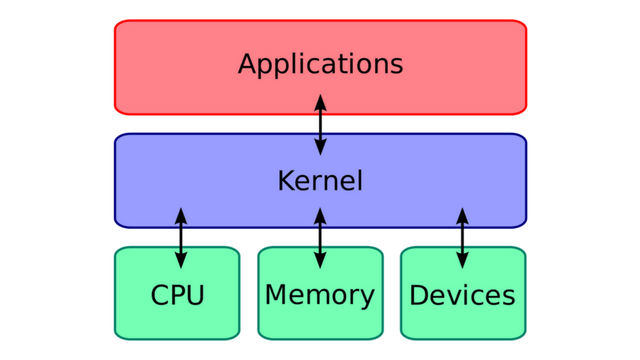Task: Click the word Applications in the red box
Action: pyautogui.click(x=320, y=66)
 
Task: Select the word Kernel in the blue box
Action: pyautogui.click(x=320, y=181)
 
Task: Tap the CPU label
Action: pyautogui.click(x=177, y=296)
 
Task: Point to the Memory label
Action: pyautogui.click(x=320, y=295)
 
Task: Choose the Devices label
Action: pyautogui.click(x=462, y=296)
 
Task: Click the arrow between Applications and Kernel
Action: pyautogui.click(x=320, y=125)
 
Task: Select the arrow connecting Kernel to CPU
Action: pyautogui.click(x=181, y=238)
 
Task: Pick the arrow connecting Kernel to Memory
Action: pyautogui.click(x=320, y=238)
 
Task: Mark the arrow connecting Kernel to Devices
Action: pyautogui.click(x=462, y=238)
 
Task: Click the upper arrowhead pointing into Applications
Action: pyautogui.click(x=320, y=103)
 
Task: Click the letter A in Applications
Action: pyautogui.click(x=247, y=65)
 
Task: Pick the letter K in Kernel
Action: pyautogui.click(x=285, y=181)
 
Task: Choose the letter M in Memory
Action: pyautogui.click(x=276, y=295)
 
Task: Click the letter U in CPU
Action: pyautogui.click(x=195, y=296)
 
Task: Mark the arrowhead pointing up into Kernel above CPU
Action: pyautogui.click(x=181, y=216)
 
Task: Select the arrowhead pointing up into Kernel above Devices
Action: pyautogui.click(x=462, y=216)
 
